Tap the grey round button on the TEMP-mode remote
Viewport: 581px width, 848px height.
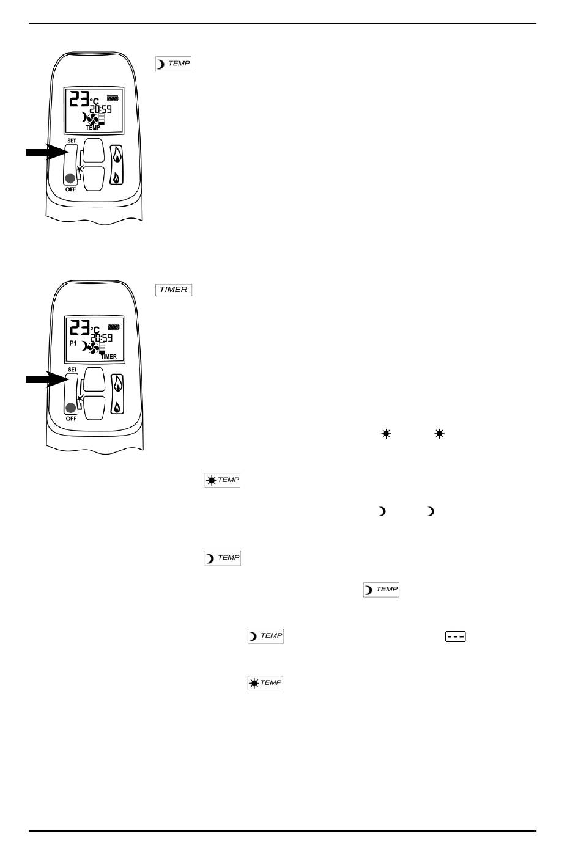coord(70,178)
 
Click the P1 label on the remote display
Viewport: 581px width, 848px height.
coord(73,343)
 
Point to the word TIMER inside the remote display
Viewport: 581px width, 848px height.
coord(109,356)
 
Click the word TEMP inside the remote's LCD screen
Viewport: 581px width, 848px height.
coord(93,128)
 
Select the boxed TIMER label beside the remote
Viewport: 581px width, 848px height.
coord(174,290)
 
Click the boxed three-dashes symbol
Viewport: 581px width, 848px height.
coord(455,637)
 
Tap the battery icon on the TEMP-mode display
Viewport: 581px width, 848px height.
coord(113,98)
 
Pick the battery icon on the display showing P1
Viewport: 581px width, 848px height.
coord(114,327)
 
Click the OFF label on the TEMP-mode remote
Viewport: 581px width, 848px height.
coord(70,189)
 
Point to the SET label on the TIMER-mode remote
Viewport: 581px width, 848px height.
coord(72,370)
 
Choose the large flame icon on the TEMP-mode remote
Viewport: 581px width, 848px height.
coord(117,156)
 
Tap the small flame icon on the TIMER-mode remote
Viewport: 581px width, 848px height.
coord(117,407)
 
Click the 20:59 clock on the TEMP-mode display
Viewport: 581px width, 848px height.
coord(101,109)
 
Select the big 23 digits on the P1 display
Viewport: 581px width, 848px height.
coord(80,327)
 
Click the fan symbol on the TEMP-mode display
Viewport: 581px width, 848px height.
coord(92,119)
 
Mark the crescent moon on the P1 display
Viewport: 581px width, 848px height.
coord(85,346)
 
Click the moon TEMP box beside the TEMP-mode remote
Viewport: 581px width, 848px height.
coord(173,64)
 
